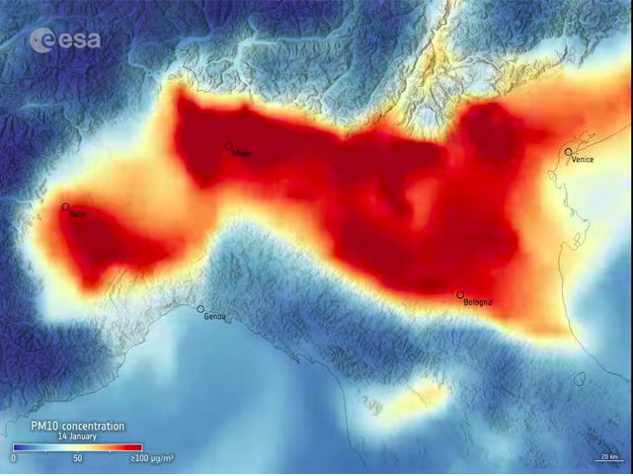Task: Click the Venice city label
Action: pyautogui.click(x=583, y=160)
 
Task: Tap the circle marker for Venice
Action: pyautogui.click(x=569, y=152)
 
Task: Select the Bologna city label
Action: pyautogui.click(x=477, y=302)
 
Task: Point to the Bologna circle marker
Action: pyautogui.click(x=460, y=295)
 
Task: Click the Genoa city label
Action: pyautogui.click(x=214, y=317)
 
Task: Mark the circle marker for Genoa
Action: pyautogui.click(x=200, y=309)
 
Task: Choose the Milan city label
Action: pyautogui.click(x=241, y=154)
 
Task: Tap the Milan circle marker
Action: pyautogui.click(x=229, y=146)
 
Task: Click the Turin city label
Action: pyautogui.click(x=77, y=214)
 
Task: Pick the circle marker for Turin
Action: pyautogui.click(x=66, y=207)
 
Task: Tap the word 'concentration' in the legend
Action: pyautogui.click(x=95, y=426)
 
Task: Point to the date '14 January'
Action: pyautogui.click(x=76, y=436)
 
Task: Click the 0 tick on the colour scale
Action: pyautogui.click(x=14, y=458)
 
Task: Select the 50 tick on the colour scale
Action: pyautogui.click(x=77, y=458)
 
